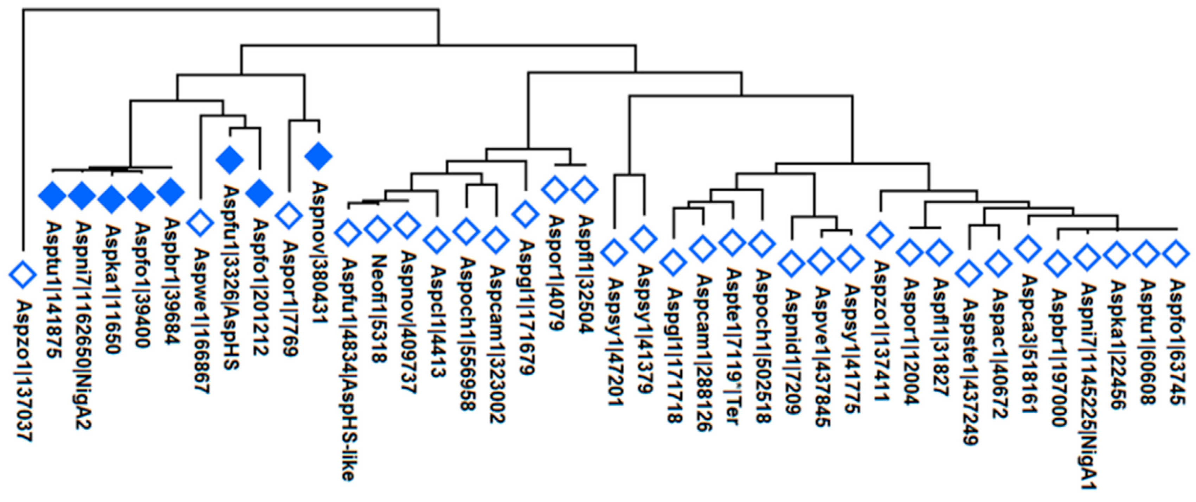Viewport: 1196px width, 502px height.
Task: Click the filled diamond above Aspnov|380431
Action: click(x=319, y=157)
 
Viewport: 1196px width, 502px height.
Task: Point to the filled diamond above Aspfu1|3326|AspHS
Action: click(x=230, y=160)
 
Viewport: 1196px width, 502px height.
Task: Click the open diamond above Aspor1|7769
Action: click(x=289, y=216)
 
